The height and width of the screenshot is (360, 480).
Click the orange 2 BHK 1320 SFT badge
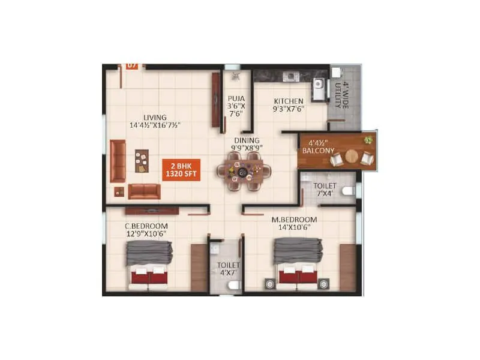pyautogui.click(x=181, y=170)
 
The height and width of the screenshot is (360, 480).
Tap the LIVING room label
pyautogui.click(x=155, y=121)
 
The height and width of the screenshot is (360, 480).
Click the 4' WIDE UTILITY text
pyautogui.click(x=341, y=94)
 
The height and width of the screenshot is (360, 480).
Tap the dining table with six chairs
pyautogui.click(x=244, y=172)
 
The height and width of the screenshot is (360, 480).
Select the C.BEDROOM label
pyautogui.click(x=146, y=229)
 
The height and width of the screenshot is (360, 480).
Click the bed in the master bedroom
pyautogui.click(x=298, y=264)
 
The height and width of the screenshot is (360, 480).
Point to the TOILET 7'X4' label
pyautogui.click(x=325, y=190)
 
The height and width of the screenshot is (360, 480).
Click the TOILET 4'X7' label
pyautogui.click(x=228, y=269)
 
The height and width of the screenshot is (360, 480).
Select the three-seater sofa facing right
pyautogui.click(x=118, y=161)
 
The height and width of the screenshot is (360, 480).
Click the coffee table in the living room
pyautogui.click(x=142, y=160)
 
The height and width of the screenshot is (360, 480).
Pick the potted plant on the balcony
pyautogui.click(x=367, y=140)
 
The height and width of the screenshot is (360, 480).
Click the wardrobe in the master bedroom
pyautogui.click(x=347, y=268)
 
